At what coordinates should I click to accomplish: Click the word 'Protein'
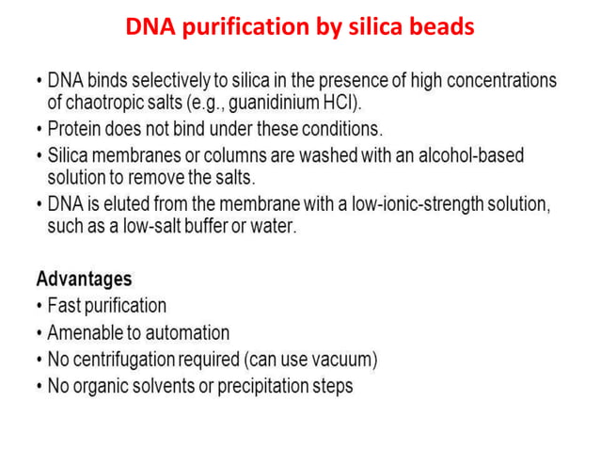(78, 126)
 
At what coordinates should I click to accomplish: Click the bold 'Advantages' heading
(84, 279)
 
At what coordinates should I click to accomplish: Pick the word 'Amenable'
(87, 332)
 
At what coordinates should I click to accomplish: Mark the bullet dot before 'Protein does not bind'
(39, 127)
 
